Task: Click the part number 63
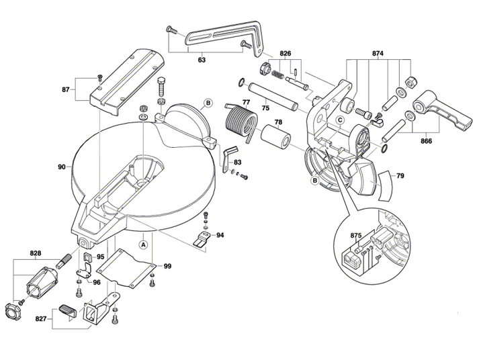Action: pyautogui.click(x=202, y=60)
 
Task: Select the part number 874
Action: pyautogui.click(x=378, y=54)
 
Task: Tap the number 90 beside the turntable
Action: pyautogui.click(x=62, y=167)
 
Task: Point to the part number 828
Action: pyautogui.click(x=36, y=253)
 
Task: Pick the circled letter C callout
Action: pyautogui.click(x=340, y=120)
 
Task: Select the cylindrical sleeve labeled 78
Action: pyautogui.click(x=276, y=138)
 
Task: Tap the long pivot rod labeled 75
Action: pyautogui.click(x=274, y=97)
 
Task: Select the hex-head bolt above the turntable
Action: pyautogui.click(x=161, y=86)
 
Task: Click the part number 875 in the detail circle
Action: pyautogui.click(x=356, y=235)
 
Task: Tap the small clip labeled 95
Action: pyautogui.click(x=87, y=257)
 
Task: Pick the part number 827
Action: pyautogui.click(x=41, y=318)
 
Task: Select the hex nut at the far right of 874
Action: pyautogui.click(x=410, y=83)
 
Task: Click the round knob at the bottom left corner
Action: pyautogui.click(x=12, y=310)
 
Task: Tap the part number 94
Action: pyautogui.click(x=220, y=235)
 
